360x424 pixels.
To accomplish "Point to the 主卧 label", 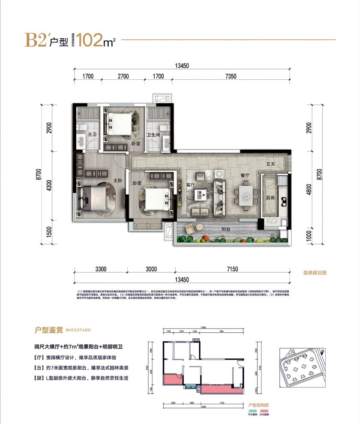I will (117, 180).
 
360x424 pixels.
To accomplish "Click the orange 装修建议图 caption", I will (315, 273).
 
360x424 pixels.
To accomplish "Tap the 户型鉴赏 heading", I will (49, 330).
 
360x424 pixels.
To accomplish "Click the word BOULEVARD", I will (78, 331).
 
